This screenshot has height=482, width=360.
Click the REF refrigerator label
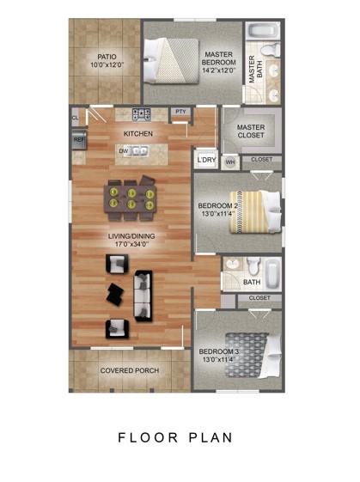(x=79, y=138)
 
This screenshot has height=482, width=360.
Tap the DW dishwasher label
(x=124, y=150)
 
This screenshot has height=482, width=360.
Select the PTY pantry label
(x=180, y=112)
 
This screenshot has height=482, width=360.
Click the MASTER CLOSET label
(x=250, y=132)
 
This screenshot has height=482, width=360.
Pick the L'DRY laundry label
(x=205, y=160)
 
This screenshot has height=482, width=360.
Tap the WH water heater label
(x=229, y=161)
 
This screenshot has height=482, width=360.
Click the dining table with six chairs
(x=131, y=198)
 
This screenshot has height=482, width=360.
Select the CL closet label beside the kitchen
(x=76, y=117)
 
